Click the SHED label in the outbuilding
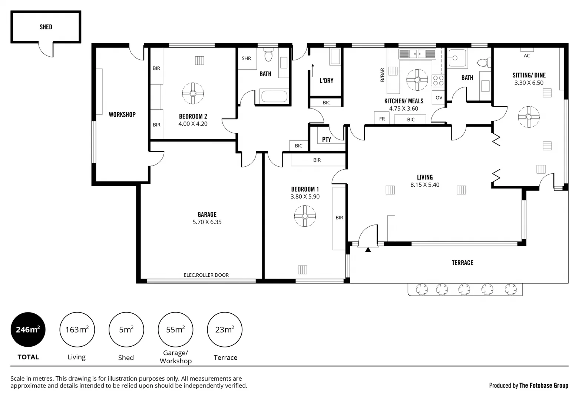[46, 27]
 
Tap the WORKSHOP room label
[122, 115]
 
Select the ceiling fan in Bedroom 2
[193, 93]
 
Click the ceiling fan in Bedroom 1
[305, 216]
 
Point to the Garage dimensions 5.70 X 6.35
[207, 222]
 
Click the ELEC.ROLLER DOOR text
[206, 275]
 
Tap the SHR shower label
[247, 59]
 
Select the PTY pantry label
[327, 140]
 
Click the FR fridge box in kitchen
[382, 119]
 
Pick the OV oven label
[439, 98]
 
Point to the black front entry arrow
[368, 250]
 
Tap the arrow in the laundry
[313, 70]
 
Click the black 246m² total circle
[28, 330]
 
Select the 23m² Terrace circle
[225, 330]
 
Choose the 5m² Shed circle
[126, 330]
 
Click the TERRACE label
[462, 263]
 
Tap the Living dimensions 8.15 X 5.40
[425, 185]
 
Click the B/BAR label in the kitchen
[383, 75]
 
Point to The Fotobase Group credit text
[543, 386]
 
